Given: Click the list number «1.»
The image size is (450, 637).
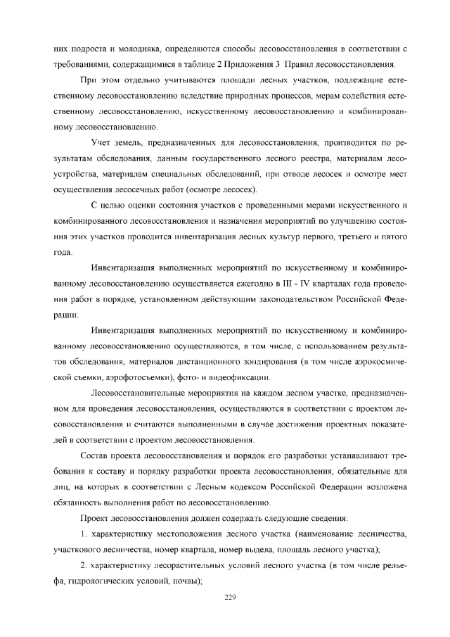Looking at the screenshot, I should point(83,534).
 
